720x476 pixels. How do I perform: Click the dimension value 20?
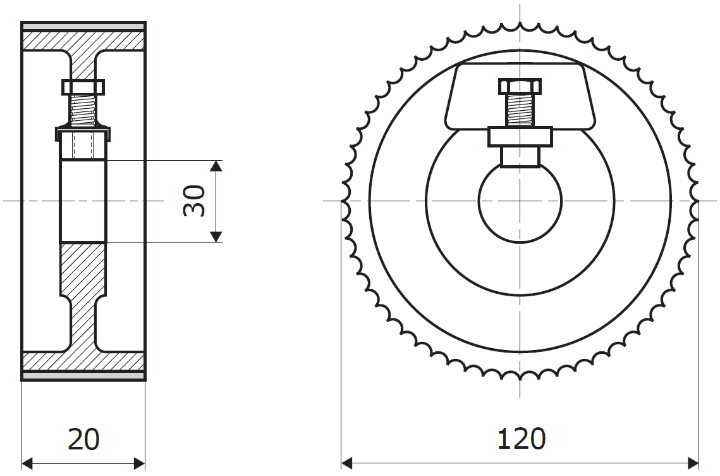click(83, 439)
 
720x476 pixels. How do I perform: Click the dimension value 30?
click(194, 201)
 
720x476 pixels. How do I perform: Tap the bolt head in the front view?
click(520, 86)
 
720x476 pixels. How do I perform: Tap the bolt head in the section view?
click(83, 87)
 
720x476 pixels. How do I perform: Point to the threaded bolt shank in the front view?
click(520, 110)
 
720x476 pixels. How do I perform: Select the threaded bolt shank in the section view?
click(83, 110)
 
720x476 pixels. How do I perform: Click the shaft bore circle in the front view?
click(479, 201)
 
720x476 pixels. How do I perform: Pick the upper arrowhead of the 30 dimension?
click(216, 166)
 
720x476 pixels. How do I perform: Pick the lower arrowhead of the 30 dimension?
click(216, 237)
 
